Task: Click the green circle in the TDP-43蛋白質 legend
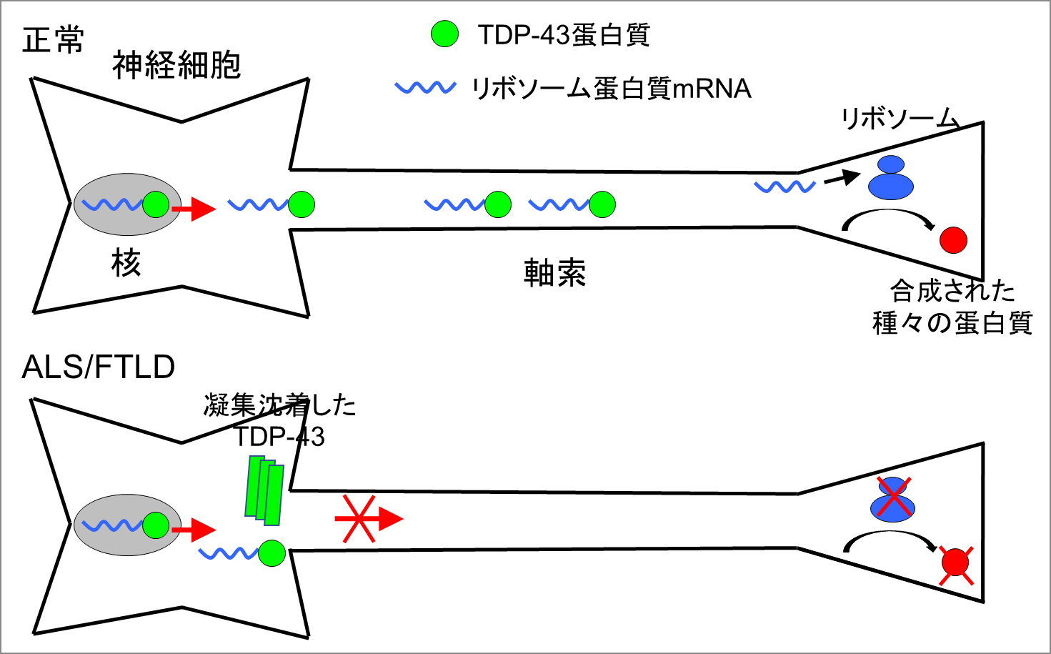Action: point(445,34)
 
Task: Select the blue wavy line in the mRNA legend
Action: point(426,88)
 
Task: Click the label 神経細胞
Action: point(176,66)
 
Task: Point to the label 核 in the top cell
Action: point(126,264)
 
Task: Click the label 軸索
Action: point(554,273)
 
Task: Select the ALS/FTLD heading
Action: point(99,367)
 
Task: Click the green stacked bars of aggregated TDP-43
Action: point(264,489)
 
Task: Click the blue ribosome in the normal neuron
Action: point(890,178)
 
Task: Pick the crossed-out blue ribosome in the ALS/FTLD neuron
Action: point(892,499)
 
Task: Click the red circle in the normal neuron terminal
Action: point(953,239)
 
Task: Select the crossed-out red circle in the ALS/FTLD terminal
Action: point(955,564)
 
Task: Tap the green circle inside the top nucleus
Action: point(156,204)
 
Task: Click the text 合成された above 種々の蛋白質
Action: point(952,291)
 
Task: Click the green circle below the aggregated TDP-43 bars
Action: point(272,553)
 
